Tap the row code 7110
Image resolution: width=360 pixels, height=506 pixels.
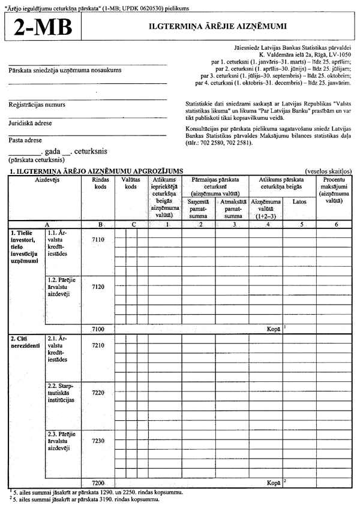[x=98, y=240]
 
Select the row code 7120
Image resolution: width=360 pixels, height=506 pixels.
[x=98, y=287]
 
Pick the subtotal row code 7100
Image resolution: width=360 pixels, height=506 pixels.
[x=98, y=329]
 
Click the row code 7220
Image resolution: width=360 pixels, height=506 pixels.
[x=98, y=392]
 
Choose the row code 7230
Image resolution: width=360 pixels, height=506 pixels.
[x=98, y=440]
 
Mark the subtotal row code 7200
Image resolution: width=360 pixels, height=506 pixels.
[x=98, y=482]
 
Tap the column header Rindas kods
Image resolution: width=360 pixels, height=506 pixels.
[x=100, y=183]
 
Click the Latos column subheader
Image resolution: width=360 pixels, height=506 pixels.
[x=299, y=202]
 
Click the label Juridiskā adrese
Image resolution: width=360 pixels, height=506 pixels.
[x=30, y=123]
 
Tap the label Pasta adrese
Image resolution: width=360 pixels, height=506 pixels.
[x=25, y=140]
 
